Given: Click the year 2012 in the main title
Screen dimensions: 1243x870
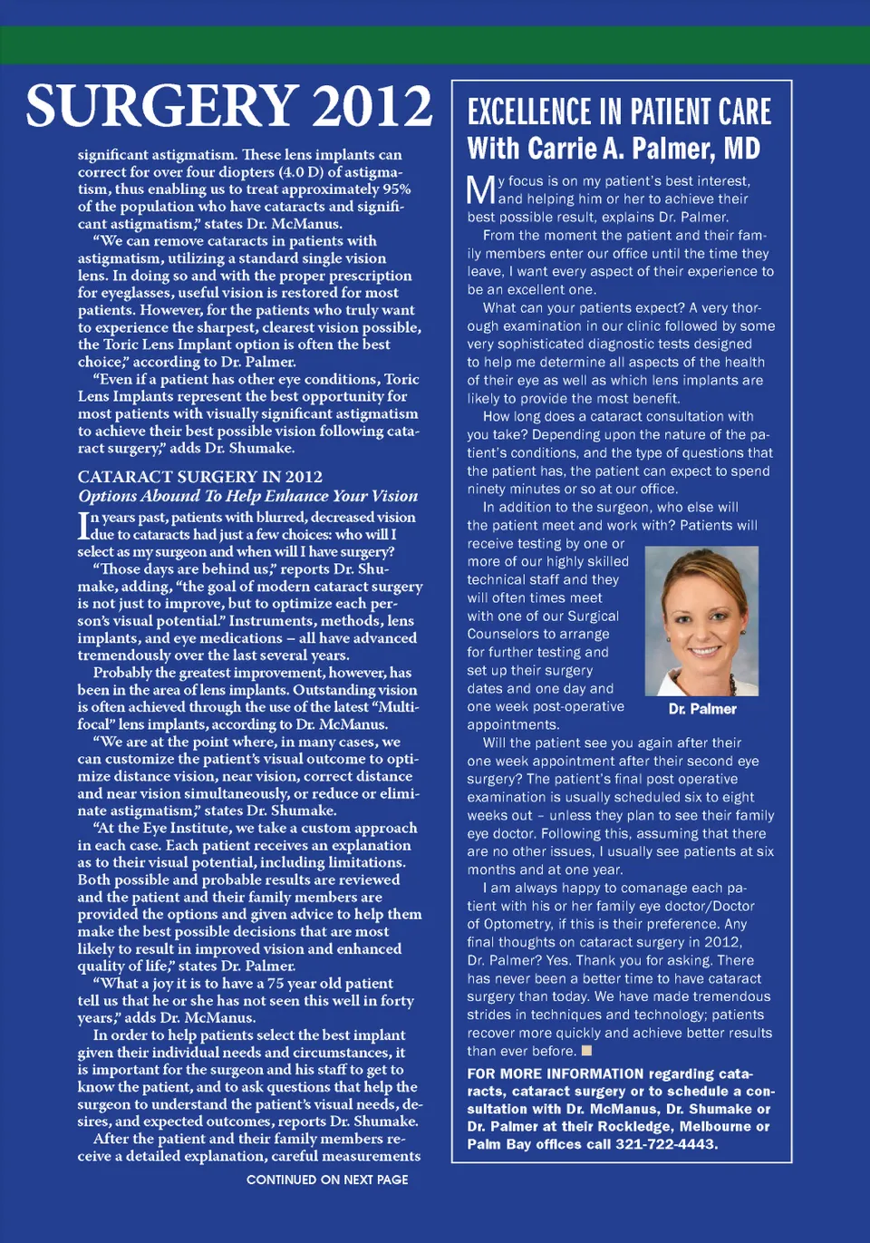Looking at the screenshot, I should [x=372, y=107].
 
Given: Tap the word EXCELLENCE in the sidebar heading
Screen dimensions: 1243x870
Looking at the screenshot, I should [x=528, y=112].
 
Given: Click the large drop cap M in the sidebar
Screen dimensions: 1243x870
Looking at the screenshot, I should [x=480, y=190].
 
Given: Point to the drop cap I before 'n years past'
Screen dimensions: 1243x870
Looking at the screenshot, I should [x=83, y=526].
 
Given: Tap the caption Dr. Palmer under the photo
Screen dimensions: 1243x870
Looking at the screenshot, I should [x=701, y=709].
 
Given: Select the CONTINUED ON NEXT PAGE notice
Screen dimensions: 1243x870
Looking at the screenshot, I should [x=327, y=1180].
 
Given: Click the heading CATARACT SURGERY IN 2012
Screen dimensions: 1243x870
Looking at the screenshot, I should [x=199, y=477].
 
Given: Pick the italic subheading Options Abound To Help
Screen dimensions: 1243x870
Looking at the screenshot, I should [x=247, y=496].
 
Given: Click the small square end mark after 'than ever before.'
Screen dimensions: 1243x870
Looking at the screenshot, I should [x=586, y=1051].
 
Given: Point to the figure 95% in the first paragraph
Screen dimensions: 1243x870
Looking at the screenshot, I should [x=397, y=189].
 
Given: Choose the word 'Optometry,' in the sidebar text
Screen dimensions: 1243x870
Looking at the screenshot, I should [x=518, y=924].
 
